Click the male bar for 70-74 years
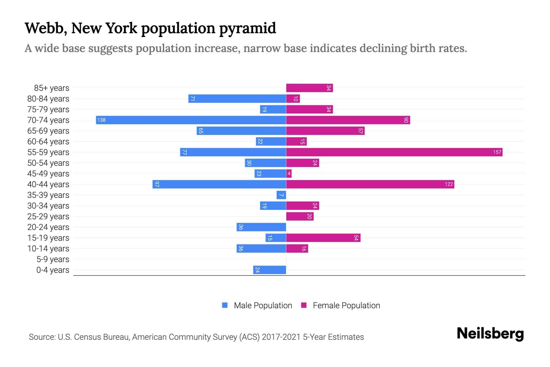tap(191, 120)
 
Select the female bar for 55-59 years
tap(394, 152)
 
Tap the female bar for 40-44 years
tap(370, 184)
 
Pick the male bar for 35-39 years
tap(281, 195)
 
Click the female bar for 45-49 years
tap(289, 173)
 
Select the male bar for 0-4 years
tap(269, 270)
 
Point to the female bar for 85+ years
tap(309, 88)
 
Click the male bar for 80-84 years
tap(237, 98)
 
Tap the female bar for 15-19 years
tap(323, 238)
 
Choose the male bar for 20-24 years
tap(261, 227)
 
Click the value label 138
tap(101, 120)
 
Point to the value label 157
tap(497, 152)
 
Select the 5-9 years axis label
tap(53, 259)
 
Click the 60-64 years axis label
tap(48, 142)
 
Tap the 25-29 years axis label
tap(48, 217)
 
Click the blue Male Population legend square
tap(225, 305)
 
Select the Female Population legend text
tap(346, 306)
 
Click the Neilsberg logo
tap(490, 334)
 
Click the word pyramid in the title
tap(248, 28)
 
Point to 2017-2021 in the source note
tap(281, 337)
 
